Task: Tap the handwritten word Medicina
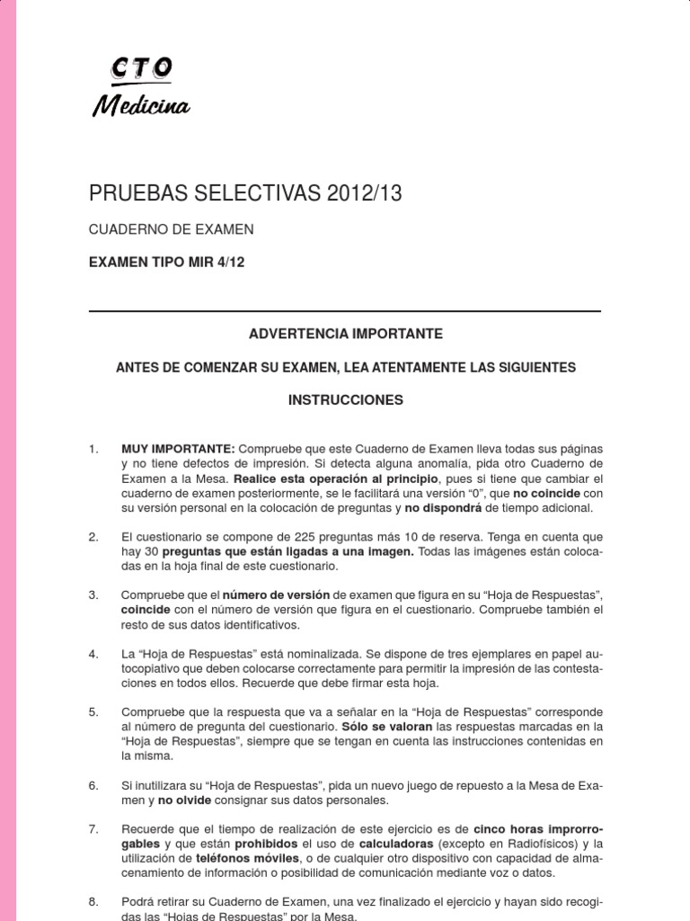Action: coord(140,107)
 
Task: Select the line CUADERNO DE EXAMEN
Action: coord(171,229)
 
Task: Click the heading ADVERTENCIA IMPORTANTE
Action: coord(346,334)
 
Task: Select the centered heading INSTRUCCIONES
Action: coord(346,398)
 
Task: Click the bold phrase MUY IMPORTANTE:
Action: coord(178,448)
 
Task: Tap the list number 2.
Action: coord(93,537)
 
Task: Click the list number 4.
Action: coord(93,653)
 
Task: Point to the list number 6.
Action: coord(93,784)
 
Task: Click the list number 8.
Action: coord(93,901)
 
